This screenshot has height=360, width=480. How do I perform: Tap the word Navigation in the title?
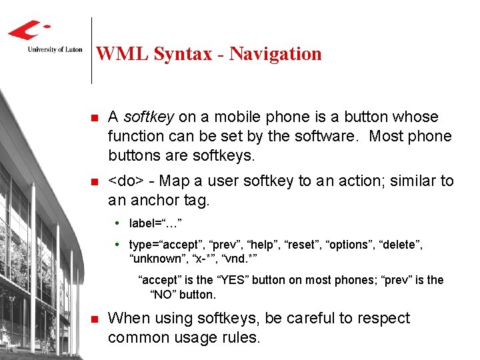pyautogui.click(x=275, y=53)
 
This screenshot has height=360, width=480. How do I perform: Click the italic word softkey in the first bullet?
pyautogui.click(x=148, y=117)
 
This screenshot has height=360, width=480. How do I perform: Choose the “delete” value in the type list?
pyautogui.click(x=403, y=245)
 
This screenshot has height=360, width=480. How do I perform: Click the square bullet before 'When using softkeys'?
pyautogui.click(x=94, y=319)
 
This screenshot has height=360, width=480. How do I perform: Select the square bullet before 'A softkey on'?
pyautogui.click(x=94, y=117)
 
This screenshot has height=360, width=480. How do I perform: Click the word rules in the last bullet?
pyautogui.click(x=239, y=337)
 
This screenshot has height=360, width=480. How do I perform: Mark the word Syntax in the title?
pyautogui.click(x=182, y=53)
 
